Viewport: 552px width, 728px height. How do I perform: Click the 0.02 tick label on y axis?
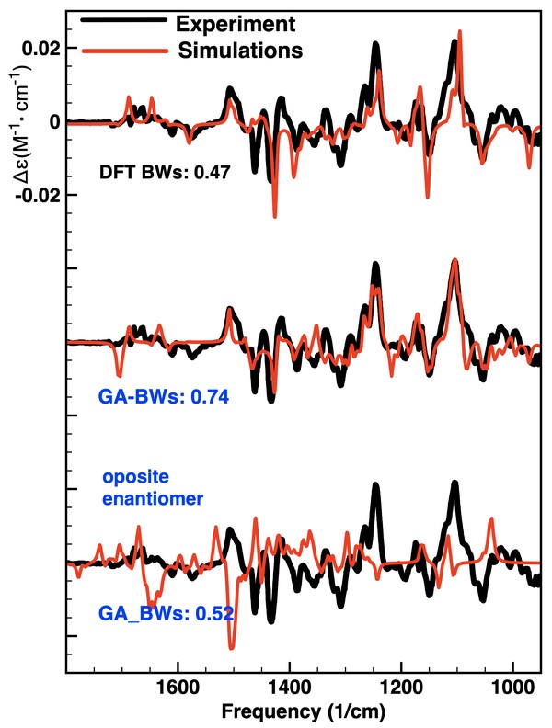tap(40, 48)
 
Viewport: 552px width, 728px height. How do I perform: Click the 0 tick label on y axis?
tap(55, 121)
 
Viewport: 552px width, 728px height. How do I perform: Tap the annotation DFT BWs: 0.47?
tap(166, 172)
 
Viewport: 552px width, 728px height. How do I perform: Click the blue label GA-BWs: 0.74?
tap(163, 398)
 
